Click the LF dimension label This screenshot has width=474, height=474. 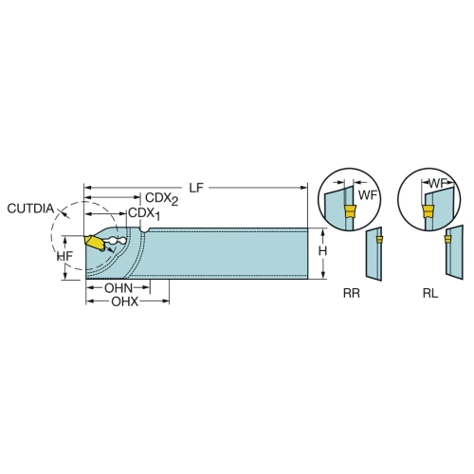click(x=196, y=188)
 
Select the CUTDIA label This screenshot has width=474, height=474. click(x=30, y=209)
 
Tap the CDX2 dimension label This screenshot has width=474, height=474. click(x=161, y=199)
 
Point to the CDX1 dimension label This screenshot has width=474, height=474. click(x=144, y=214)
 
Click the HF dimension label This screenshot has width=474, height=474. click(x=65, y=256)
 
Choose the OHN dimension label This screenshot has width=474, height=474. click(x=118, y=288)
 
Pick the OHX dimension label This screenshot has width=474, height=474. click(x=124, y=301)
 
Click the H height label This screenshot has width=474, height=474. click(x=322, y=251)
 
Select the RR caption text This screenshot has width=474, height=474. click(x=352, y=294)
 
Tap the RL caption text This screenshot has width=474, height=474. click(x=430, y=294)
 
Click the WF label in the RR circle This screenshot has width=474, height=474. click(x=368, y=195)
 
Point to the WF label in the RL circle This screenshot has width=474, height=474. click(x=438, y=183)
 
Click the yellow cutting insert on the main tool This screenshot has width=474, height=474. click(x=94, y=243)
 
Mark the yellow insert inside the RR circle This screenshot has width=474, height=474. click(x=350, y=210)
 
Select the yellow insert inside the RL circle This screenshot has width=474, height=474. click(x=428, y=211)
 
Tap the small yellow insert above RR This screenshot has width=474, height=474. click(x=379, y=240)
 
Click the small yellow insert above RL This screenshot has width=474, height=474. click(x=447, y=239)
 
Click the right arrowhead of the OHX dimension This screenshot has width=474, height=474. click(x=166, y=301)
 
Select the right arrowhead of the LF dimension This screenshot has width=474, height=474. click(x=303, y=188)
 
